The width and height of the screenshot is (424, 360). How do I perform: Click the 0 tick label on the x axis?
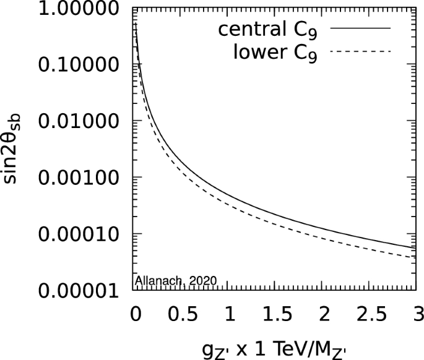(134, 314)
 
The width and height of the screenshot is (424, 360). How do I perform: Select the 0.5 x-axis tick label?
(182, 314)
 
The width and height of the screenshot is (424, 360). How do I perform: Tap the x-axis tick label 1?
(230, 314)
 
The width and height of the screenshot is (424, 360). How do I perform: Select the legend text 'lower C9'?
(276, 53)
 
